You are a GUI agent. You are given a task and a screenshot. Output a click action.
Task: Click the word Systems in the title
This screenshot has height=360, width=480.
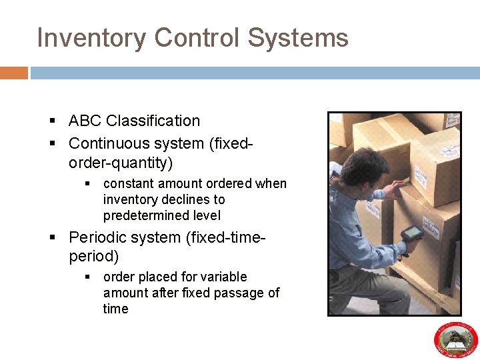click(298, 38)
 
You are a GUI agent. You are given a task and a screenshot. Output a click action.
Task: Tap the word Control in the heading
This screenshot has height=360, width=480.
click(197, 38)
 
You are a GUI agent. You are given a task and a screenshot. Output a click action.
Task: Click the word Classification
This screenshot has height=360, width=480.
click(153, 121)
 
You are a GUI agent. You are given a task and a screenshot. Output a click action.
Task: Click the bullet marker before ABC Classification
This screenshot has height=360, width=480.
click(53, 121)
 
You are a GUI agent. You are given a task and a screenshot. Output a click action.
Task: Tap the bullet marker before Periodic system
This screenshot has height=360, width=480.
click(53, 238)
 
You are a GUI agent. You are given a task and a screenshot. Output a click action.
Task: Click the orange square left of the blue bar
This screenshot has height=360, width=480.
click(13, 73)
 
